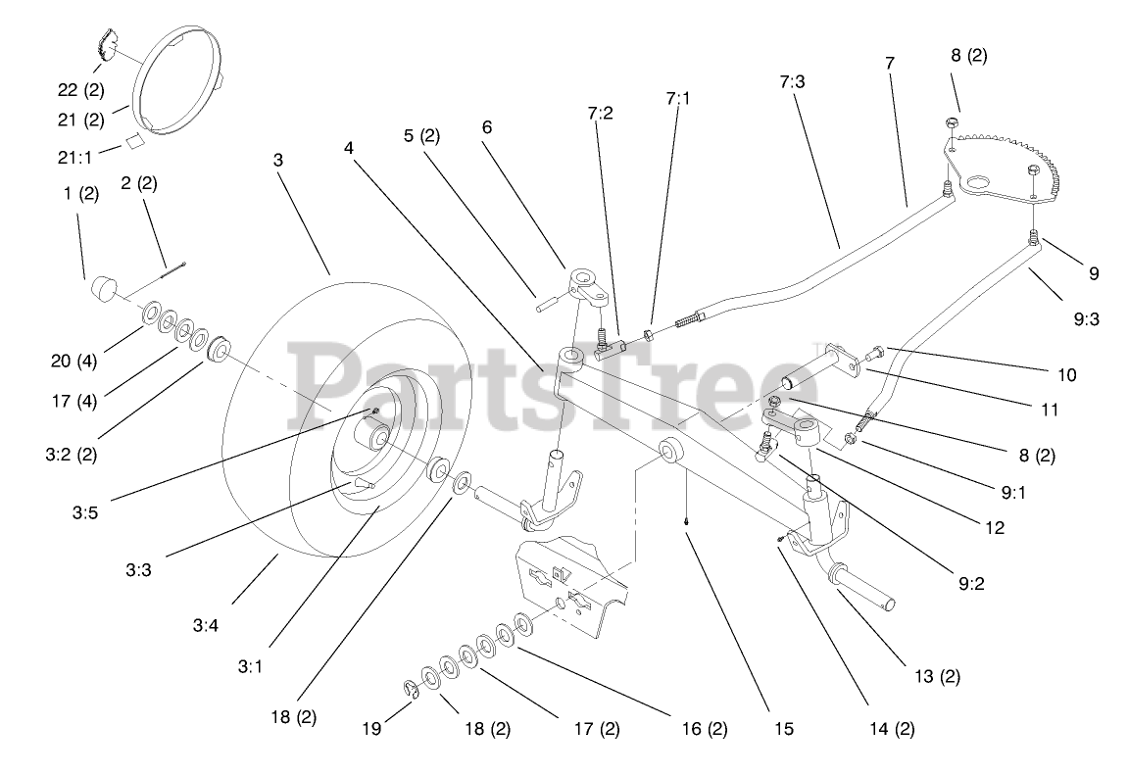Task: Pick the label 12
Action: click(x=995, y=527)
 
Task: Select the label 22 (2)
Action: click(x=79, y=89)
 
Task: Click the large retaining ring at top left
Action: click(x=176, y=80)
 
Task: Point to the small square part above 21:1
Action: click(x=134, y=142)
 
